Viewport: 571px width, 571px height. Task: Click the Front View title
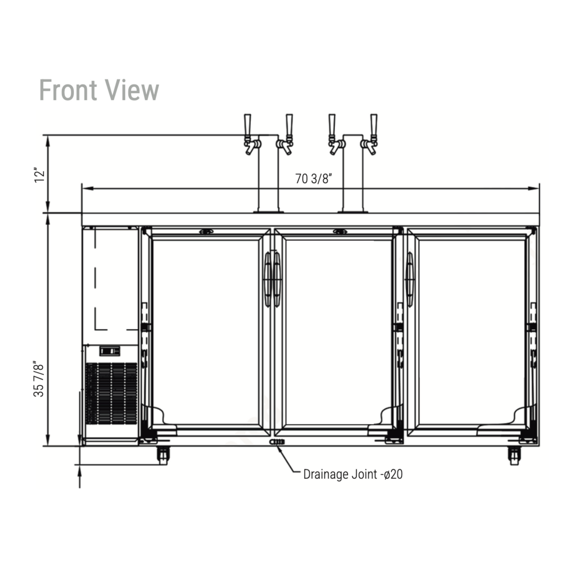coord(99,90)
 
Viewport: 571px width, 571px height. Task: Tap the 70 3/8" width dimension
coord(313,179)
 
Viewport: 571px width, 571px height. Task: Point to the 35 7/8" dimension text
coord(39,379)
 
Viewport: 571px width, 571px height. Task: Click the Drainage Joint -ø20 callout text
coord(353,474)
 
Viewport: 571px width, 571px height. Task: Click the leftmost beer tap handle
coord(247,125)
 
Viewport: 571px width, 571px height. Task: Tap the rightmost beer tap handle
coord(374,125)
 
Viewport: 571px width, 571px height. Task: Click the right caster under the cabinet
coord(514,456)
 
